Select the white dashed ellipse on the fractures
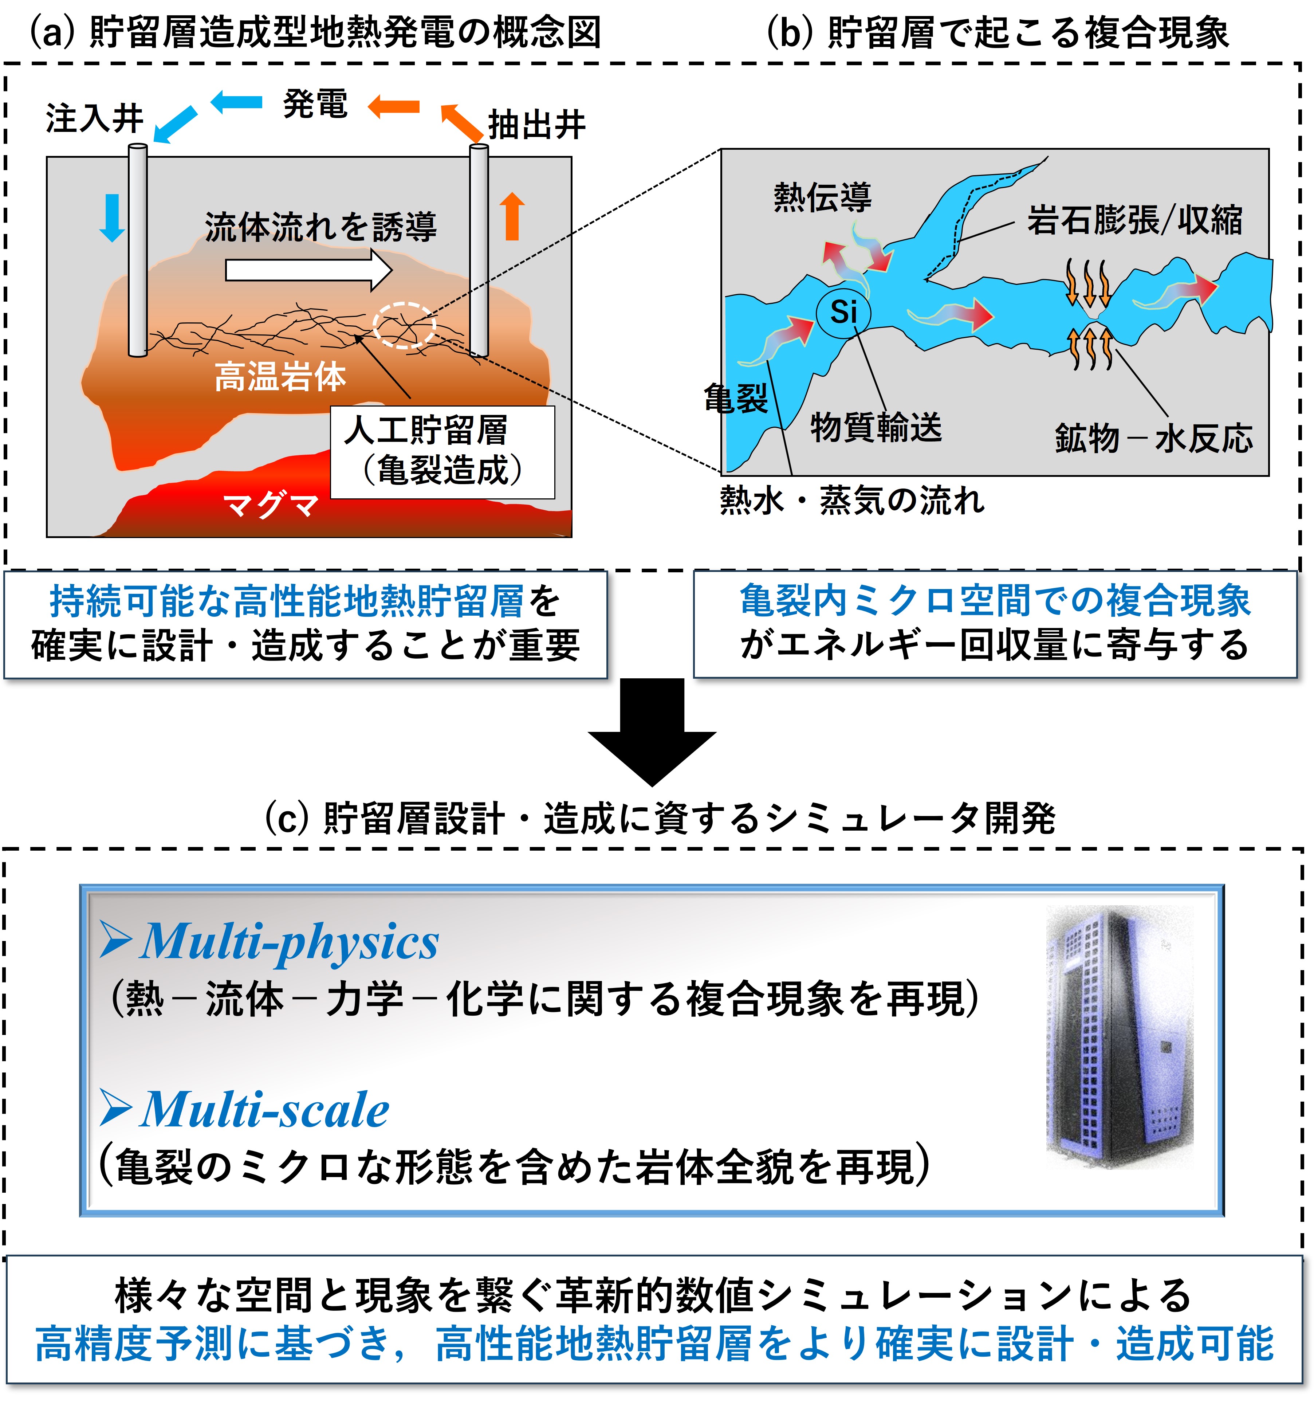pos(404,325)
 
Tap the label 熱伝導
pos(823,197)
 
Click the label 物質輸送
pos(876,427)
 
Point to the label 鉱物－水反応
pos(1154,439)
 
